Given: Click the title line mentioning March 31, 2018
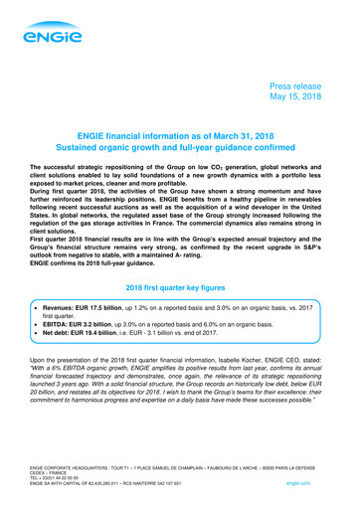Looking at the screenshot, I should (179, 147).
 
